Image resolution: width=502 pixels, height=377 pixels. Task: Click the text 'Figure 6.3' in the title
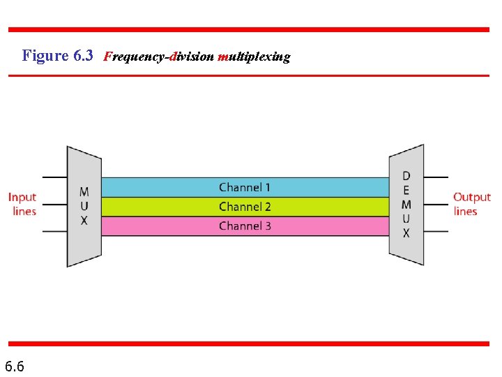pos(57,56)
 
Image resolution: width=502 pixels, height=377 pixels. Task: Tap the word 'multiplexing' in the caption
pos(254,57)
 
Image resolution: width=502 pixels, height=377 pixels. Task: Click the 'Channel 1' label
pos(245,187)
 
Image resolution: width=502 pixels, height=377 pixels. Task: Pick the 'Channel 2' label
pos(245,207)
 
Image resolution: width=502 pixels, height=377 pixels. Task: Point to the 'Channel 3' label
pos(245,226)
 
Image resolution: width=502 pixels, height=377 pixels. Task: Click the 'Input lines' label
pos(23,204)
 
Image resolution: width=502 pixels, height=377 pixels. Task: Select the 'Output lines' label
pos(472,204)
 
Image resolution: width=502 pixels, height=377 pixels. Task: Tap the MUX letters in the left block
pos(84,206)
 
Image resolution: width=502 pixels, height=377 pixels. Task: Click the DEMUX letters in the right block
pos(406,205)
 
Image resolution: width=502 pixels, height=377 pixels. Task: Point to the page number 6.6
pos(15,366)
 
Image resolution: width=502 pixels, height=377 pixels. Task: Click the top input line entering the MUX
pos(54,178)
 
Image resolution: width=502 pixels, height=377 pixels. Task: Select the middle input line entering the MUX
pos(54,205)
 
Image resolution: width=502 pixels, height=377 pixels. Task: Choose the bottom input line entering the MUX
pos(54,231)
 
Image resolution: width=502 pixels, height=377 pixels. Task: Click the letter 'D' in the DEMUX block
pos(406,176)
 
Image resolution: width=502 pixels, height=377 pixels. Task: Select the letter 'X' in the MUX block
pos(84,221)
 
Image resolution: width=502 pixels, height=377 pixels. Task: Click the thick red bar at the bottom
pos(249,343)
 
